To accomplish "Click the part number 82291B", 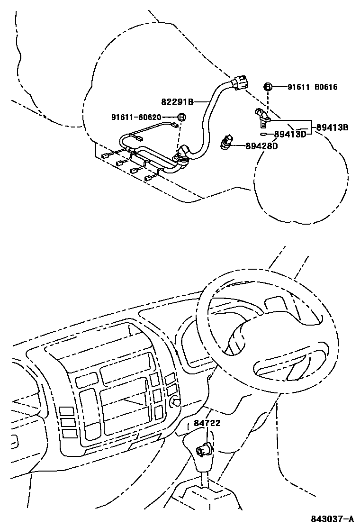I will click(178, 101).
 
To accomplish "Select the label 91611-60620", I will click(136, 117).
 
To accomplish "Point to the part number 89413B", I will click(332, 127).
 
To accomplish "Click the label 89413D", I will click(290, 135).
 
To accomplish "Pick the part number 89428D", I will click(261, 146).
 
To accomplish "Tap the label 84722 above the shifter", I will click(207, 423).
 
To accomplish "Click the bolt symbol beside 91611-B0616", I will click(268, 87).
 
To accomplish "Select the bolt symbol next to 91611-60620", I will click(181, 117).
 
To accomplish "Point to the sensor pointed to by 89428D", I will click(226, 142).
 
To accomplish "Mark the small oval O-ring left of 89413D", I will click(263, 135).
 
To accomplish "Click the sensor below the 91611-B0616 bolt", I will click(262, 117).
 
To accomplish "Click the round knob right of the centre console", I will click(177, 402).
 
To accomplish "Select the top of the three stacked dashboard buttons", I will click(67, 411).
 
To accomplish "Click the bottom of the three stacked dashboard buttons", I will click(70, 433).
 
